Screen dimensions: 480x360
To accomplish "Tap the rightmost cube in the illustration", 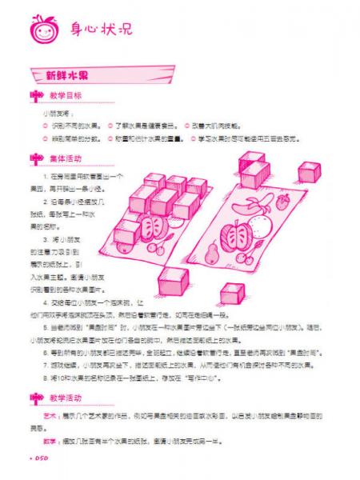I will [310, 172].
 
